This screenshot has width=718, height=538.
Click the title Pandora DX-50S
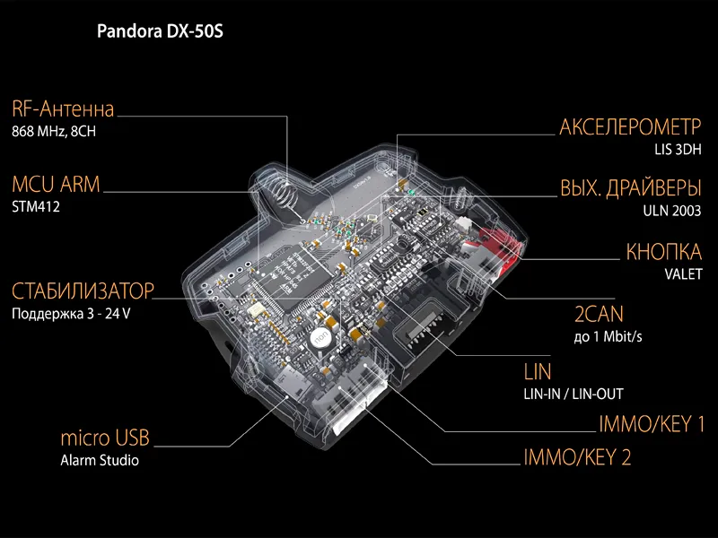[x=160, y=31]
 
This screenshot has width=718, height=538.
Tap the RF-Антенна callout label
[x=63, y=109]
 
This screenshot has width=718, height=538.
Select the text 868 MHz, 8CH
[x=54, y=132]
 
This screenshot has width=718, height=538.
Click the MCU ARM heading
[x=56, y=185]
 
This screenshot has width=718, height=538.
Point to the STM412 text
[x=36, y=207]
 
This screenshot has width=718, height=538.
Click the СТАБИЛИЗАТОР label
[x=83, y=291]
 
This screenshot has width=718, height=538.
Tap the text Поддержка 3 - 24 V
[x=71, y=314]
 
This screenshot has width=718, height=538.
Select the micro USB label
[x=105, y=438]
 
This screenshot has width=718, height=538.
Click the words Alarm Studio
[x=100, y=460]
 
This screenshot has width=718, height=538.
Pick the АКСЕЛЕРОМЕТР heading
[x=630, y=126]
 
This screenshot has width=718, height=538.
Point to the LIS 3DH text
[x=678, y=150]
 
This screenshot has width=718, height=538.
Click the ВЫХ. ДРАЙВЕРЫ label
[x=631, y=187]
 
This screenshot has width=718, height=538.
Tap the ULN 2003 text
[x=671, y=211]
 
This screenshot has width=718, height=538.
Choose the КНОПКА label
[x=663, y=252]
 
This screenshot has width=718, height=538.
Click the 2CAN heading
[x=599, y=315]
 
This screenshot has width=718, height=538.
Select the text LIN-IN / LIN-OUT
[x=574, y=394]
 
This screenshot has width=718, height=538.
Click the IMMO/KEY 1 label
[x=652, y=424]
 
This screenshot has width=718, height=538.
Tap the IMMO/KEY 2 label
[x=577, y=457]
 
